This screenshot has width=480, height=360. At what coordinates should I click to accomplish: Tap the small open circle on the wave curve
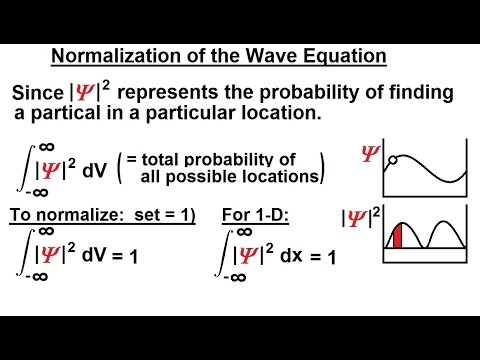tap(395, 160)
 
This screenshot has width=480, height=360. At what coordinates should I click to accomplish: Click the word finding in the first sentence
tap(420, 93)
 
